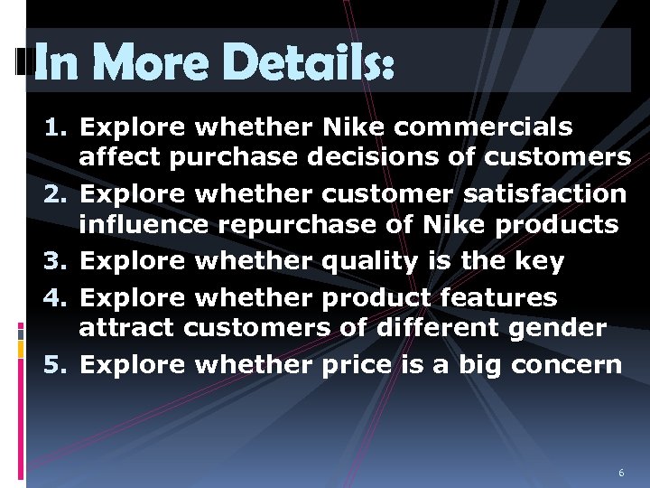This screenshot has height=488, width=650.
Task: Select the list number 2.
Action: click(53, 194)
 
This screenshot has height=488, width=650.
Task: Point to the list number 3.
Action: click(53, 262)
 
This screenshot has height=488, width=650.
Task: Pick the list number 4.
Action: click(53, 297)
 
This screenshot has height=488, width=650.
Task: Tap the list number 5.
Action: click(53, 365)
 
